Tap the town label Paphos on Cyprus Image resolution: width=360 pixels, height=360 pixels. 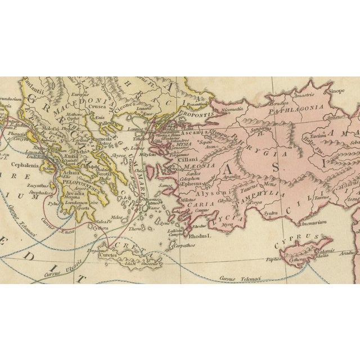click(274, 259)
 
